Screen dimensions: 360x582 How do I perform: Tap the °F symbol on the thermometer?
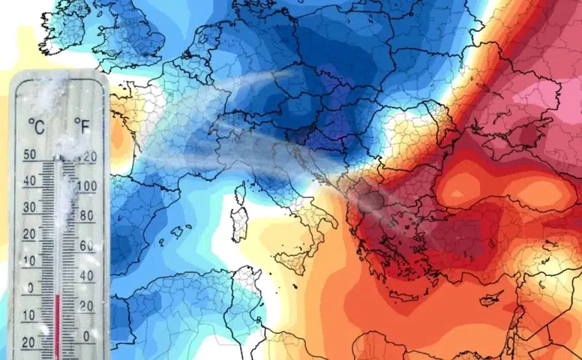pos(82,124)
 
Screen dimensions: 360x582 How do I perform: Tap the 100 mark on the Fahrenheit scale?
pos(87,184)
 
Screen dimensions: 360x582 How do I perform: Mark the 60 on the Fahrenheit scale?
pos(86,245)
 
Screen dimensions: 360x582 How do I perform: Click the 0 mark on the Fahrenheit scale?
pos(88,336)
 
